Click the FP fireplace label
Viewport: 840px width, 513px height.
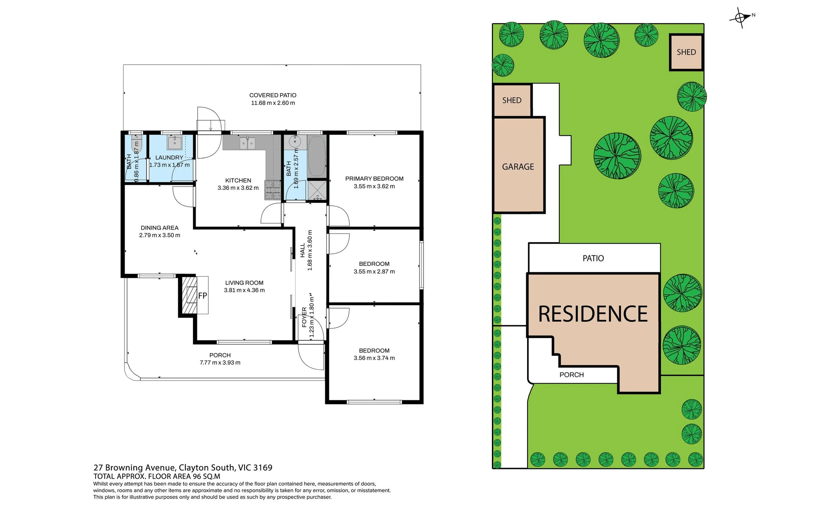click(x=203, y=296)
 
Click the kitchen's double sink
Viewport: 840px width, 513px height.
click(x=248, y=143)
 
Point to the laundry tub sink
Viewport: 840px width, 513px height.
click(x=174, y=143)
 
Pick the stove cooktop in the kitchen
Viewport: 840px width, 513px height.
click(x=273, y=190)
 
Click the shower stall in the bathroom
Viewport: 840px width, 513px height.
click(x=317, y=190)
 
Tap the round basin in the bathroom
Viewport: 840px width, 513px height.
click(x=295, y=141)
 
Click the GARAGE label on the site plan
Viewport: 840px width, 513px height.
click(x=518, y=167)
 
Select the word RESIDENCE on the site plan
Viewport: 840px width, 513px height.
click(x=593, y=314)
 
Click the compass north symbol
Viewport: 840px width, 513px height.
click(x=742, y=17)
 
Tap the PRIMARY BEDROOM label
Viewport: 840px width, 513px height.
click(x=374, y=179)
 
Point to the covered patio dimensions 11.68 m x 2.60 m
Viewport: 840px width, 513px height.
click(x=273, y=103)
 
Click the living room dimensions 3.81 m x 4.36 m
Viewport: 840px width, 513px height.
click(x=244, y=290)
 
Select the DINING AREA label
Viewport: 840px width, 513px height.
click(x=160, y=228)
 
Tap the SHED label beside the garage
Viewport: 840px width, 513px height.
click(x=512, y=100)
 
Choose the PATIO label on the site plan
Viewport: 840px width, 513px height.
click(x=593, y=258)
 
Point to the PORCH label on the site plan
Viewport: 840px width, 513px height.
click(x=572, y=375)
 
